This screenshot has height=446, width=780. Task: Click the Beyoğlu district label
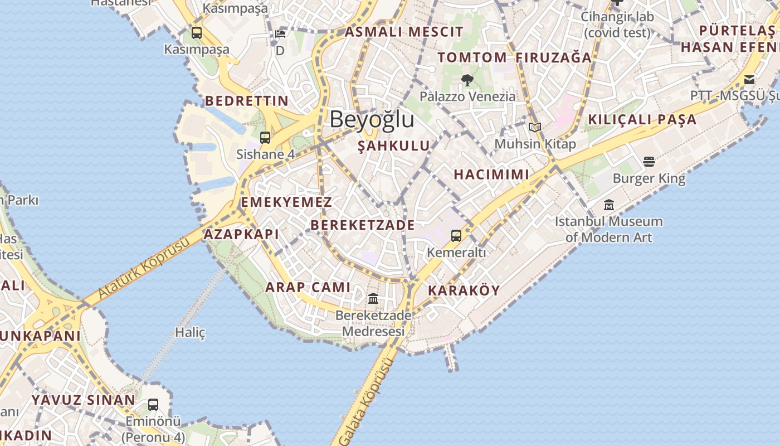tap(372, 119)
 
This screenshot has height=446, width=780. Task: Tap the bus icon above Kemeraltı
tap(456, 236)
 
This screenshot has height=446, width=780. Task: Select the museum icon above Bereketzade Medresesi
tap(373, 299)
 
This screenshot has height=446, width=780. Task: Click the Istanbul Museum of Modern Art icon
tap(608, 205)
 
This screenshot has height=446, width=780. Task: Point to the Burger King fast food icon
tap(649, 162)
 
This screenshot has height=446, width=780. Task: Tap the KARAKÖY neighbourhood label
tap(464, 290)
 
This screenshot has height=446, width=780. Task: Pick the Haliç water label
tap(191, 333)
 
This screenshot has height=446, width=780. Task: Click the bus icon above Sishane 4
tap(265, 137)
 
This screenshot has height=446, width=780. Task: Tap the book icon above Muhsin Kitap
tap(535, 127)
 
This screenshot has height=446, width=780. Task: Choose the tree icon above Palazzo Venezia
tap(467, 80)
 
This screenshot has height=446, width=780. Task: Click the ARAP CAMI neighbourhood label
tap(308, 287)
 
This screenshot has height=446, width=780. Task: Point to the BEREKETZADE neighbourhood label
tap(363, 225)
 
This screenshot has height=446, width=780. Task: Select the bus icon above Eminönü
tap(153, 405)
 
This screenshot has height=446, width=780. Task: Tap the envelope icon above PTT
tap(749, 79)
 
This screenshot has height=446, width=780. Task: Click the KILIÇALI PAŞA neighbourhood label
tap(642, 119)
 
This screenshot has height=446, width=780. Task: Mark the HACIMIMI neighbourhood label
tap(491, 174)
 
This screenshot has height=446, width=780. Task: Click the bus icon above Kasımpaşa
tap(197, 33)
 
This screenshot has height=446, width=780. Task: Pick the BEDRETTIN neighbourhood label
tap(247, 101)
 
